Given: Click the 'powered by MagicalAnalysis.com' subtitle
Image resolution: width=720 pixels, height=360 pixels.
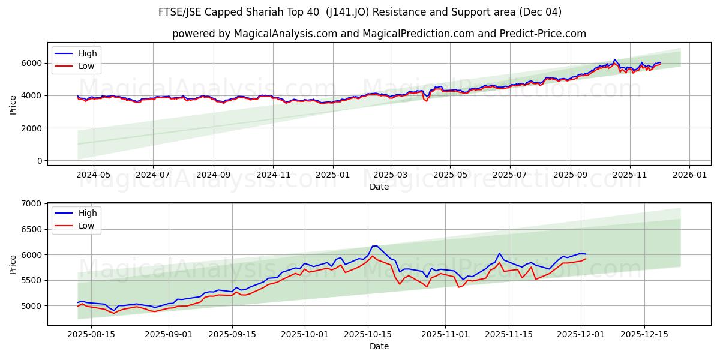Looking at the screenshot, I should [379, 34].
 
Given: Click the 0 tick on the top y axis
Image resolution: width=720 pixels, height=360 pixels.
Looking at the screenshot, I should [39, 161].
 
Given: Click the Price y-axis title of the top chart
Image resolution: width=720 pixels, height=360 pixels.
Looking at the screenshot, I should [13, 105].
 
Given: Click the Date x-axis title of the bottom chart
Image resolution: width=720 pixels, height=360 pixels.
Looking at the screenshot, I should [379, 346].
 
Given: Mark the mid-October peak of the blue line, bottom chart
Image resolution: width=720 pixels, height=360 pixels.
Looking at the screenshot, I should [375, 245].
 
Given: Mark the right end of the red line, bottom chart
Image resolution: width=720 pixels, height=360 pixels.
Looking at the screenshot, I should [586, 259].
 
